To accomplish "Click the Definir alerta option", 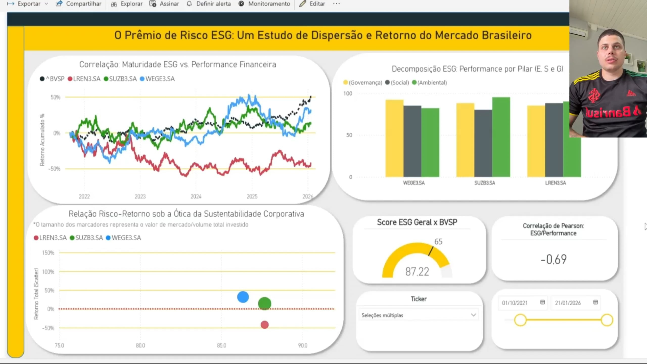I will coord(209,4).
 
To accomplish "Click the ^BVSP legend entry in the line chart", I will coord(52,79).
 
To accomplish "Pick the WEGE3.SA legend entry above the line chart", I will coord(157,79).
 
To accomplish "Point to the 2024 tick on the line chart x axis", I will coord(196,196).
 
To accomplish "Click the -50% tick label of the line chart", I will coord(55,169).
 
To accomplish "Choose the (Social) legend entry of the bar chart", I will coord(397,83).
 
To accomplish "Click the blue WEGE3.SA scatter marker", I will coord(243,297).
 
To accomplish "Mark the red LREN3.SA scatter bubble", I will coord(265,325).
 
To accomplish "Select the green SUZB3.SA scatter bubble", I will coord(265,304).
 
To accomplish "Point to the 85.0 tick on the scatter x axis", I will coord(221,345).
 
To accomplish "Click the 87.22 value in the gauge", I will coord(417,272).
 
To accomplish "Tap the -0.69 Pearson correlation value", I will coord(553,259).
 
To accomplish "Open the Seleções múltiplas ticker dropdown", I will coord(419,315).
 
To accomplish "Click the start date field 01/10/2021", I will coord(515,303).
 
